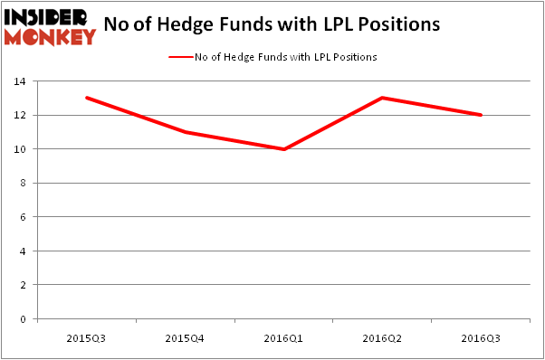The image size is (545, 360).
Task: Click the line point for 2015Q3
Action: coord(87,98)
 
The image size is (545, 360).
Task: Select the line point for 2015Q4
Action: coord(186,132)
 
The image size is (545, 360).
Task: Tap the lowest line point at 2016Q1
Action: coord(283,149)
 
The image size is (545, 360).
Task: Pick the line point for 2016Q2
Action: coord(382,98)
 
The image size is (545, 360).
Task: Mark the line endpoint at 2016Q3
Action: coord(480,115)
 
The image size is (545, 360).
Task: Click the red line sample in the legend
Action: coord(180,57)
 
